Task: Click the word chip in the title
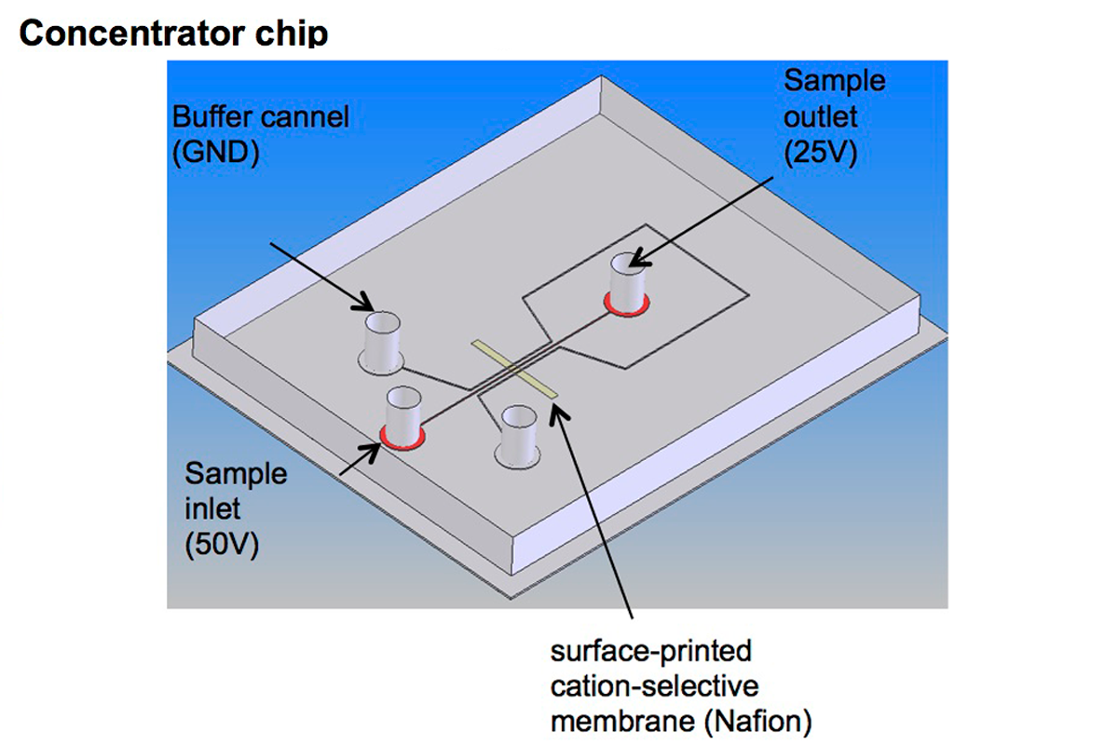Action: coord(293,34)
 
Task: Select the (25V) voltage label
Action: coord(821,151)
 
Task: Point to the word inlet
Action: coord(212,508)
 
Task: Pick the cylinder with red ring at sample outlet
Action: coord(626,283)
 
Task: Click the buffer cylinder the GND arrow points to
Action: coord(380,340)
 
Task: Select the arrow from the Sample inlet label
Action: coord(358,457)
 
